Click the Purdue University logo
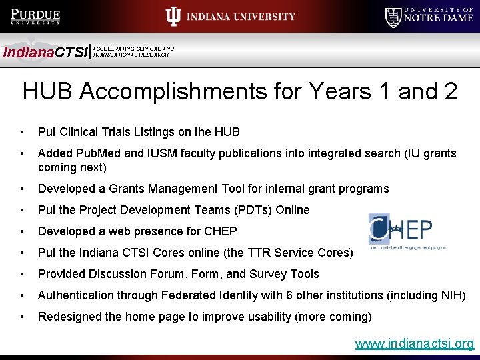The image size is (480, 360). click(x=36, y=17)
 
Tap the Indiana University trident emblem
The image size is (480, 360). click(x=173, y=17)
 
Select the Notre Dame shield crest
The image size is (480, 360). click(x=393, y=17)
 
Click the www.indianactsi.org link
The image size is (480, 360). click(x=415, y=344)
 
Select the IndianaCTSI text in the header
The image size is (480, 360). click(x=45, y=52)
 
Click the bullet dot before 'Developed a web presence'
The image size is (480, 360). click(x=23, y=231)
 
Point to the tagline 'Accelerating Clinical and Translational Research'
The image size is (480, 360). click(x=133, y=51)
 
